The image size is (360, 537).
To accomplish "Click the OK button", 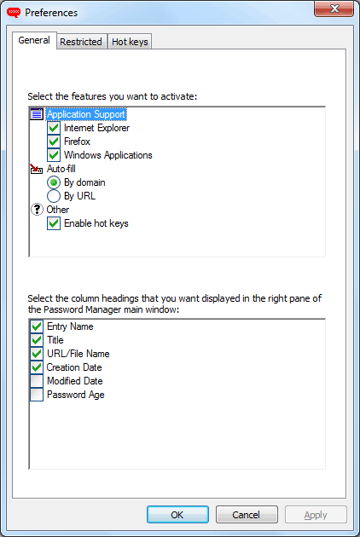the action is click(177, 514).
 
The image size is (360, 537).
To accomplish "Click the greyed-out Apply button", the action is click(316, 514).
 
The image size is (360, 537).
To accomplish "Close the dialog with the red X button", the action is click(334, 9).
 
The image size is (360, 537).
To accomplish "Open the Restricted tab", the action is click(81, 42).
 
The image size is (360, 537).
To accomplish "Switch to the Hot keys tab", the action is click(130, 42).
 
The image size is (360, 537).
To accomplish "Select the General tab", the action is click(34, 40).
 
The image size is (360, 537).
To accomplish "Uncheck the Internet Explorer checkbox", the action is click(54, 128).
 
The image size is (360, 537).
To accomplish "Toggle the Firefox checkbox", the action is click(54, 141).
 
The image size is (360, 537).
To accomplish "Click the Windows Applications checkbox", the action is click(54, 155).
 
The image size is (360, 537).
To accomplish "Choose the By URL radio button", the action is click(54, 196).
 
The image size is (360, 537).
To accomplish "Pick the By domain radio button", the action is click(54, 182).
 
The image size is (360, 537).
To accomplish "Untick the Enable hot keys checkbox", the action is click(54, 223).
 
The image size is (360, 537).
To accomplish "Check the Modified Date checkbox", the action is click(37, 381).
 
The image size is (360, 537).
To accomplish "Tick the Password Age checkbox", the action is click(37, 395).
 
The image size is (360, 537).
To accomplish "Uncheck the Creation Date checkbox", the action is click(37, 367).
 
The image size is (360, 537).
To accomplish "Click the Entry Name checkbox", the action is click(37, 326).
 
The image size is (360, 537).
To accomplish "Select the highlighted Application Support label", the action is click(86, 114).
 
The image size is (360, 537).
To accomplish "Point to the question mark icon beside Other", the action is click(37, 209).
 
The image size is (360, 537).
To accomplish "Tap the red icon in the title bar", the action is click(14, 13).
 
